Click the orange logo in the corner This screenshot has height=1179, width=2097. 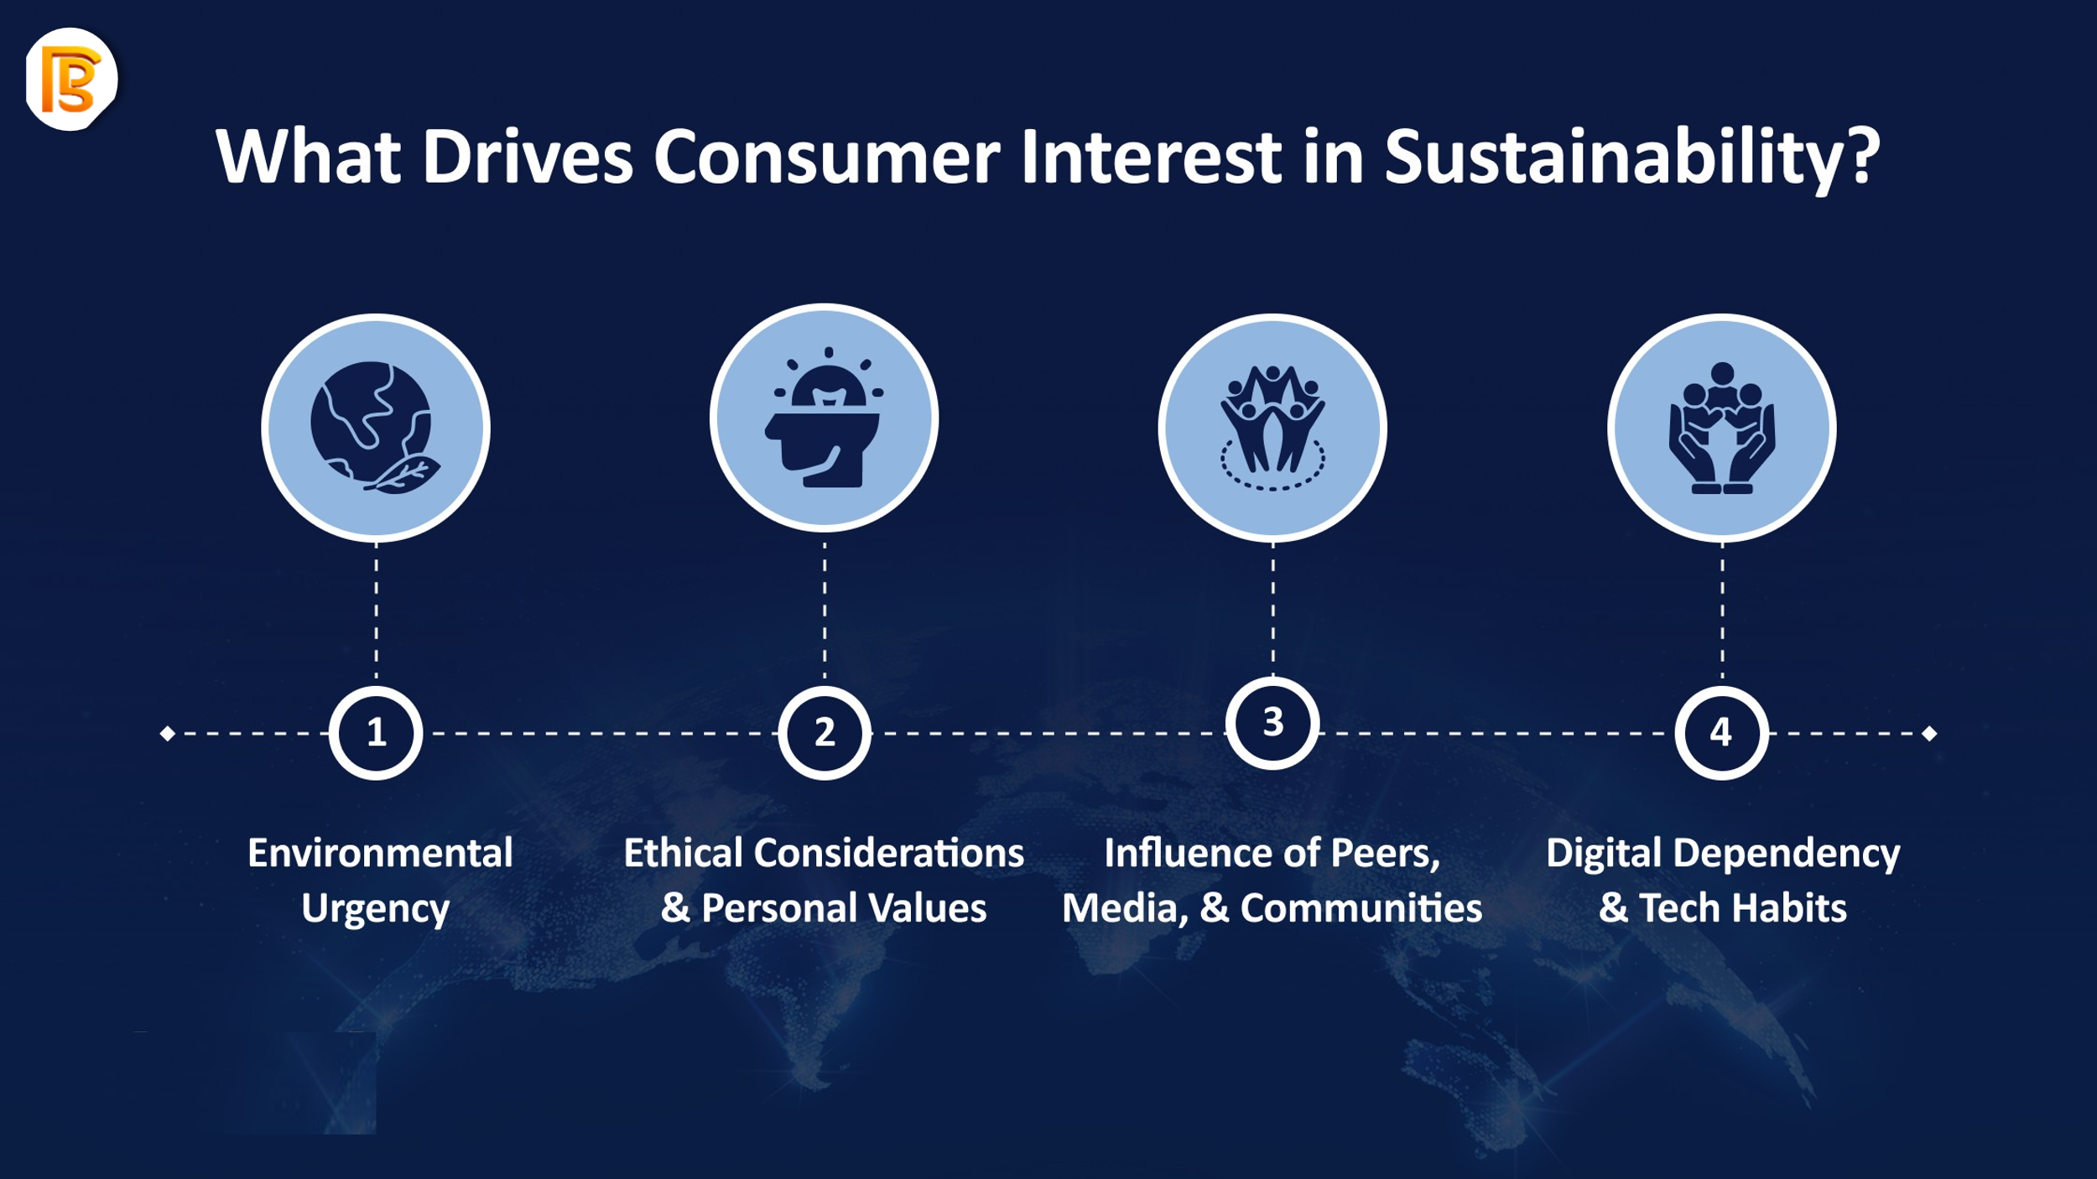[x=71, y=80]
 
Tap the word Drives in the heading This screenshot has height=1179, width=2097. [x=527, y=157]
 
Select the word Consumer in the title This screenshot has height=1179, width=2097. [x=826, y=157]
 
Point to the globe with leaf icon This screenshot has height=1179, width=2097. [x=375, y=428]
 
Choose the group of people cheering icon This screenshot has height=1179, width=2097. [x=1272, y=428]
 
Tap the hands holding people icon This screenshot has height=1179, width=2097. [x=1721, y=428]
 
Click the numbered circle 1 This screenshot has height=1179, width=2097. [x=376, y=733]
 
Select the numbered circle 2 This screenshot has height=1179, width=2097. [x=825, y=733]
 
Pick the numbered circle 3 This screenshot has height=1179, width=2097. [x=1272, y=723]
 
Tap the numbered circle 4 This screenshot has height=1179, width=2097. [x=1721, y=733]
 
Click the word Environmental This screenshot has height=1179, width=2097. [x=380, y=853]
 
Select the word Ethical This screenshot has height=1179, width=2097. [x=684, y=853]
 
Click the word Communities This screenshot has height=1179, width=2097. [x=1361, y=908]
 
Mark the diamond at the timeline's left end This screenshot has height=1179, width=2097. [x=168, y=734]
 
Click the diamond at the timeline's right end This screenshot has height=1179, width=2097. [x=1929, y=734]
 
